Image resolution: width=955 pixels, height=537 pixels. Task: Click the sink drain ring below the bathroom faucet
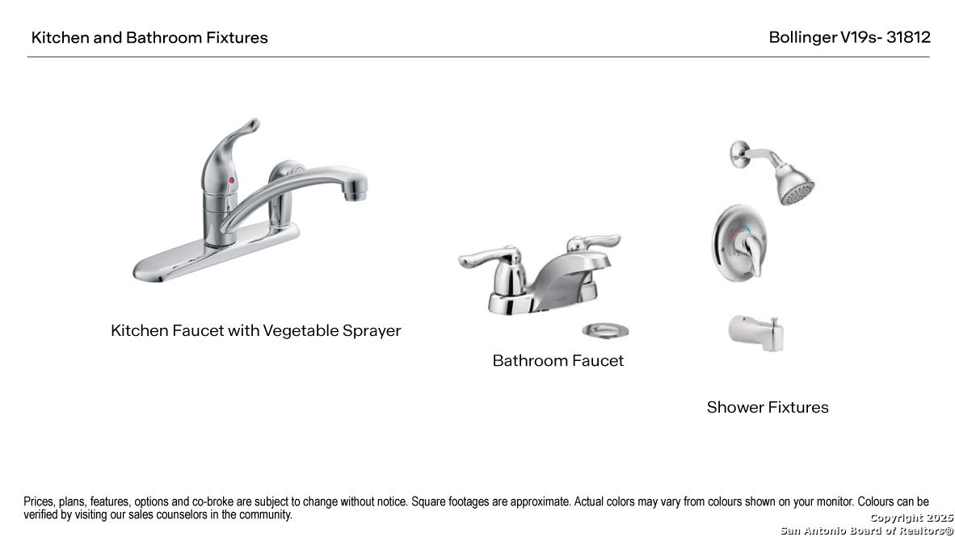pos(604,329)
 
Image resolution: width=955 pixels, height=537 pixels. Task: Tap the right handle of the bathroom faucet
pos(593,242)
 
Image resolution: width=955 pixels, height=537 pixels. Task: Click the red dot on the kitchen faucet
pos(232,180)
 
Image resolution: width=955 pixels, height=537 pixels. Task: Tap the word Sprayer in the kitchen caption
pos(372,330)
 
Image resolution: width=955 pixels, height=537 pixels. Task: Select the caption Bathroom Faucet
pos(558,361)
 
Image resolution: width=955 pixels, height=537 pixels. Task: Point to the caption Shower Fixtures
pos(768,407)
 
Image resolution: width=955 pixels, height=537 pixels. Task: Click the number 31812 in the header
pos(908,37)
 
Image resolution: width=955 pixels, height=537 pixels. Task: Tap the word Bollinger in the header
pos(803,37)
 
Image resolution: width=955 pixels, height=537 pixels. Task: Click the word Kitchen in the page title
pos(60,38)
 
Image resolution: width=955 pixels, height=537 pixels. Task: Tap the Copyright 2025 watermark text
pos(911,518)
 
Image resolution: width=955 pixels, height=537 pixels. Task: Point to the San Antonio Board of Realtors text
pos(866,531)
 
